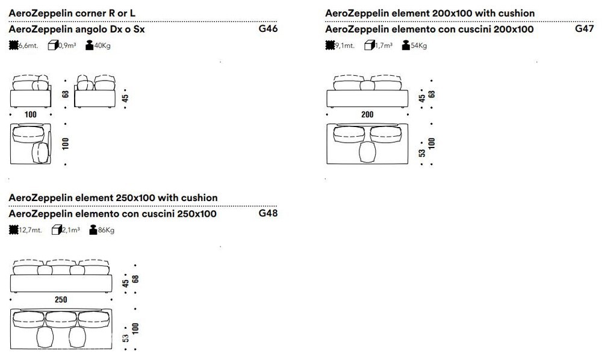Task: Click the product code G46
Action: click(x=268, y=29)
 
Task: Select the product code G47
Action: click(x=585, y=29)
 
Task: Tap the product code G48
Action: click(x=268, y=213)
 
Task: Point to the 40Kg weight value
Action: click(x=102, y=46)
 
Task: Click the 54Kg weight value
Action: click(x=419, y=46)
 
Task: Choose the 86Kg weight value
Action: click(x=107, y=231)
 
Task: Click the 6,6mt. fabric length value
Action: click(x=28, y=46)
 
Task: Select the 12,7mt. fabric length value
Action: click(x=30, y=231)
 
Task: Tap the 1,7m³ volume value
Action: click(x=383, y=46)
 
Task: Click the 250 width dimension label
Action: click(x=61, y=299)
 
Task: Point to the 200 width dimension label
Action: click(x=367, y=114)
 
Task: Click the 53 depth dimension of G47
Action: click(x=423, y=153)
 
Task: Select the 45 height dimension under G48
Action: click(x=126, y=284)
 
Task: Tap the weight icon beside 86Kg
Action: click(x=93, y=229)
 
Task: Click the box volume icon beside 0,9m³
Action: click(x=53, y=45)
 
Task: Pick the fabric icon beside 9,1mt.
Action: click(x=330, y=45)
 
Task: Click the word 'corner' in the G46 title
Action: click(x=91, y=13)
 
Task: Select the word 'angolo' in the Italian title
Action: click(x=92, y=29)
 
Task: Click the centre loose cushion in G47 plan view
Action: click(x=367, y=152)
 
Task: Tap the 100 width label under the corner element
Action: click(x=30, y=114)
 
